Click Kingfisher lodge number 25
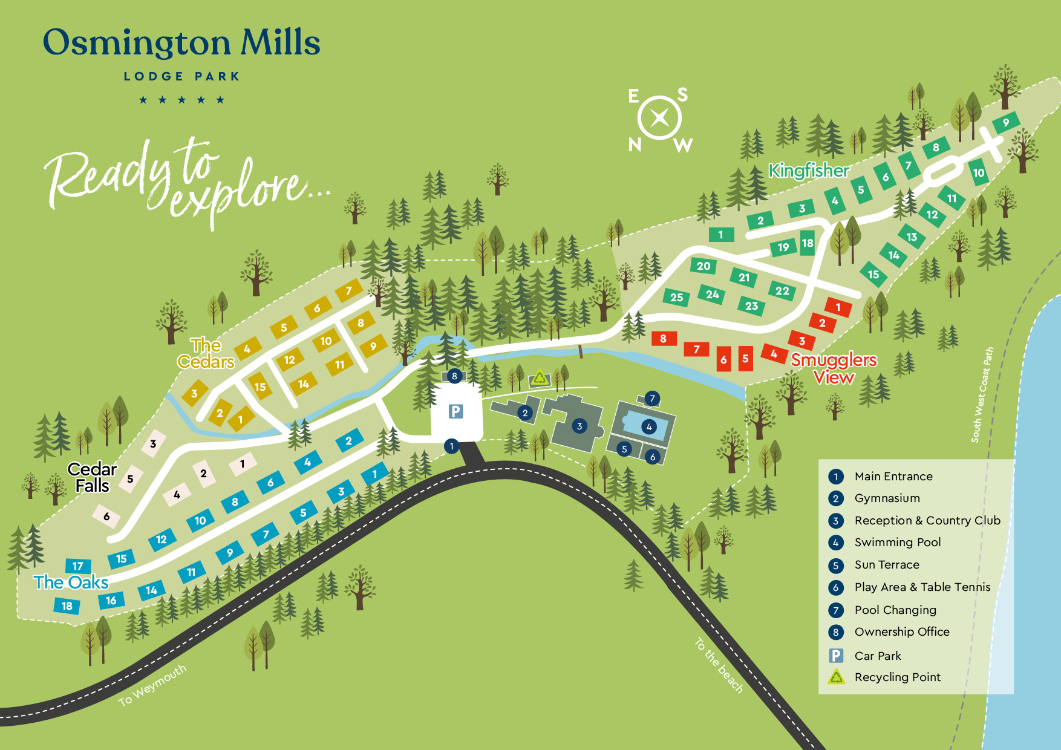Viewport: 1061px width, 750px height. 676,297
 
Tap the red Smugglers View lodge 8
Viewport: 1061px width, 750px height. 664,339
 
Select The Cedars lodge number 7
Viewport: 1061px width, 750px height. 348,291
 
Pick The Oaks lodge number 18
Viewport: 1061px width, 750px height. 67,605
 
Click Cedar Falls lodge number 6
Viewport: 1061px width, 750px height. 106,516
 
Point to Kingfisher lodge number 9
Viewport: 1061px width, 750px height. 1006,122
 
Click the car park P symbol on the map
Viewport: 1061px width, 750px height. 455,412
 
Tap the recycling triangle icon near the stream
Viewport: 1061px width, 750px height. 539,379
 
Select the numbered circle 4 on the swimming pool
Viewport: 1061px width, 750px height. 649,426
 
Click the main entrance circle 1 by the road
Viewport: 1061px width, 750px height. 451,446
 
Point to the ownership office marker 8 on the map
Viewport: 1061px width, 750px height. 454,376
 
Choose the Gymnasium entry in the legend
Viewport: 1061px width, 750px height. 887,498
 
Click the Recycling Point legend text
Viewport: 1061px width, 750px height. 897,677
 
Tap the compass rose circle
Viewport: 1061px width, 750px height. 659,118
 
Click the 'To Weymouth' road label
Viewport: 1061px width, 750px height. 152,685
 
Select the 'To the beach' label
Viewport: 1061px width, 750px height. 719,665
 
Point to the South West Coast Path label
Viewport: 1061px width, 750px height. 982,394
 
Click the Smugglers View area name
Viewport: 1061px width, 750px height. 834,368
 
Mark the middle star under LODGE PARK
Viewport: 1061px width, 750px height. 181,100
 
